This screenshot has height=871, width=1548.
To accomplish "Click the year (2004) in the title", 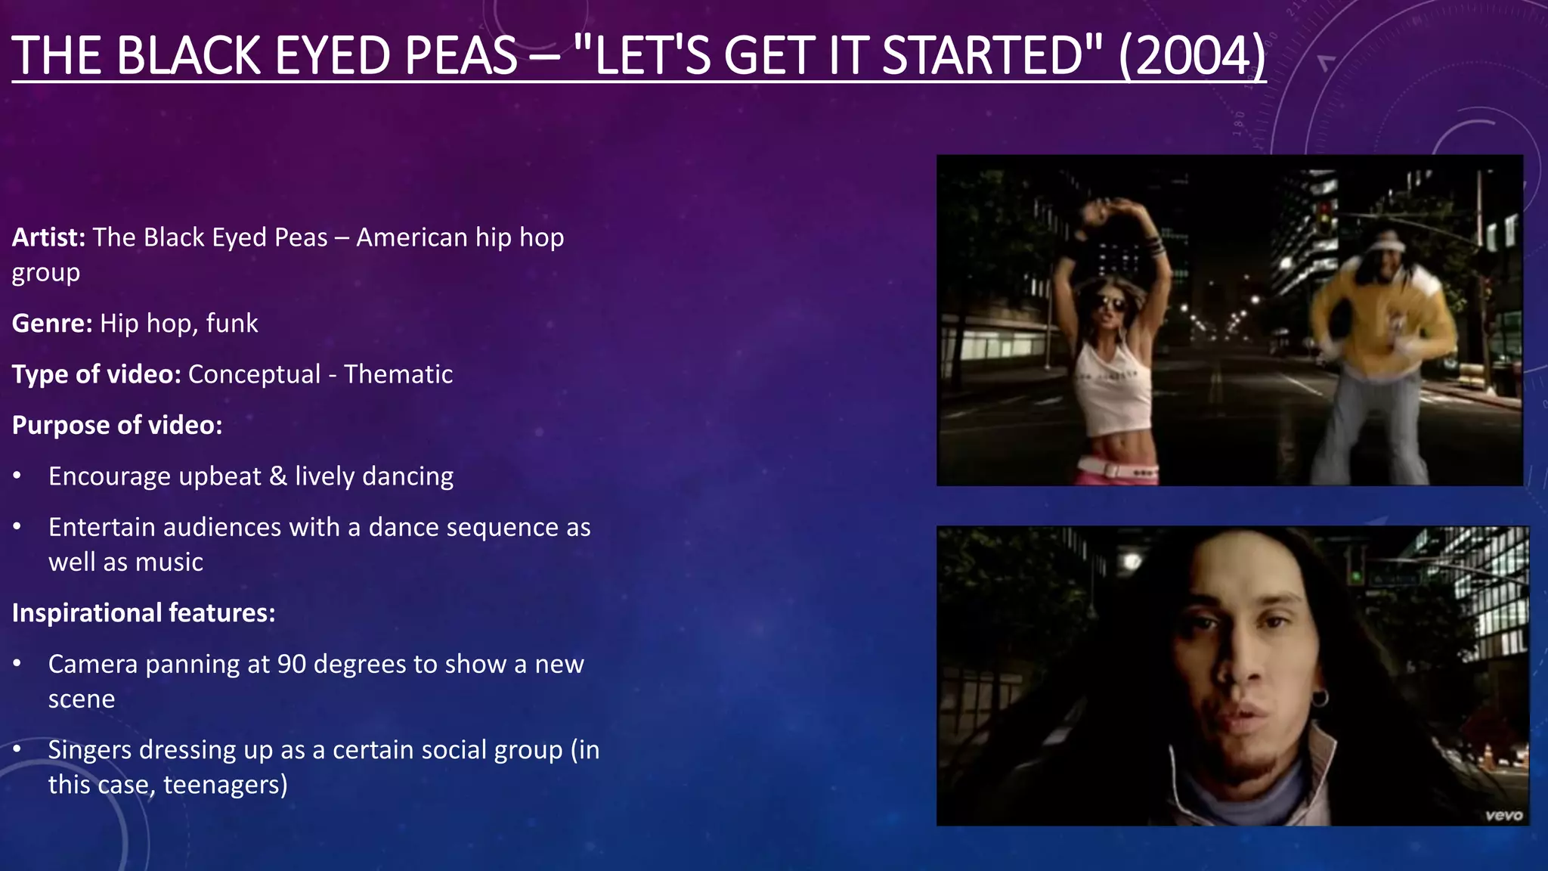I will [x=1192, y=56].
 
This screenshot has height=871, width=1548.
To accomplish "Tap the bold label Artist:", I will [x=48, y=237].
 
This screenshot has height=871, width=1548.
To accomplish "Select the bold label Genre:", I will [x=52, y=324].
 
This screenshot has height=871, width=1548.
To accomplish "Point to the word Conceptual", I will [x=254, y=374].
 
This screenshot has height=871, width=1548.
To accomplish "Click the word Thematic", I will [x=398, y=374].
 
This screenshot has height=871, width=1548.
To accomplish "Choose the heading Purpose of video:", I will [x=117, y=425].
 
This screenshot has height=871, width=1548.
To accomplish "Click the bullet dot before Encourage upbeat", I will [x=17, y=476].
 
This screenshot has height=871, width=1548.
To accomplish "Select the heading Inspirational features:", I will [x=144, y=612].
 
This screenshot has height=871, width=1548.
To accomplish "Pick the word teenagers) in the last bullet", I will [x=225, y=785].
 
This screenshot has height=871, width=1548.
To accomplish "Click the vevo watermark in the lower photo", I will [x=1503, y=815].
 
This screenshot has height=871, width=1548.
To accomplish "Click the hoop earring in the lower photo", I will [x=1319, y=697].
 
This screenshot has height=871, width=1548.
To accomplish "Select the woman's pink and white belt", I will [x=1117, y=469].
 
